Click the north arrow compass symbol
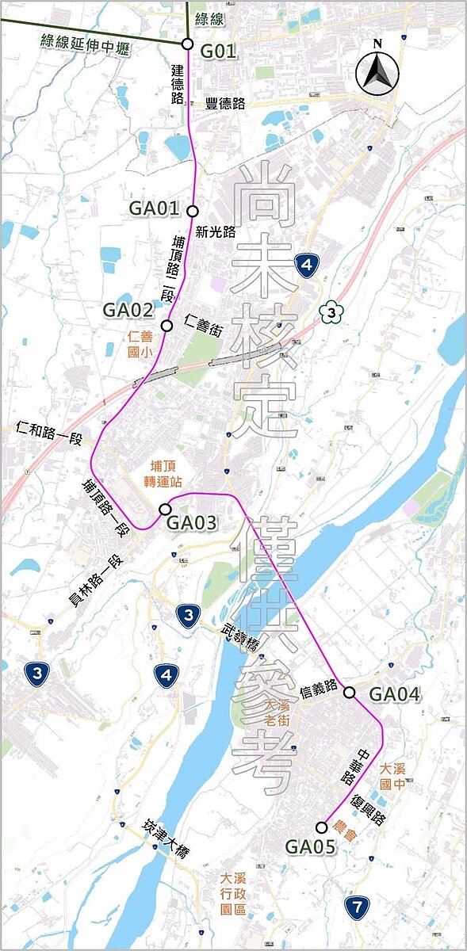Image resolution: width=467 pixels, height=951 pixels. click(377, 67)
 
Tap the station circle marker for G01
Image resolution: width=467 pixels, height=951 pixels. click(187, 44)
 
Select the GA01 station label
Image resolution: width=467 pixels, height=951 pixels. click(154, 209)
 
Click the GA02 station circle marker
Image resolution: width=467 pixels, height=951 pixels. click(167, 326)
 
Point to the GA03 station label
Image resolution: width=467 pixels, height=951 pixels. click(191, 523)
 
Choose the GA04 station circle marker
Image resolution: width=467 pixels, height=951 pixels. click(350, 693)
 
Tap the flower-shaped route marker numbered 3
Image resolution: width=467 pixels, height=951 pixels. click(330, 311)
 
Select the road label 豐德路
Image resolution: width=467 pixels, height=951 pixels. click(224, 103)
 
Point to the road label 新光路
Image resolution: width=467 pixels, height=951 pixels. click(219, 231)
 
